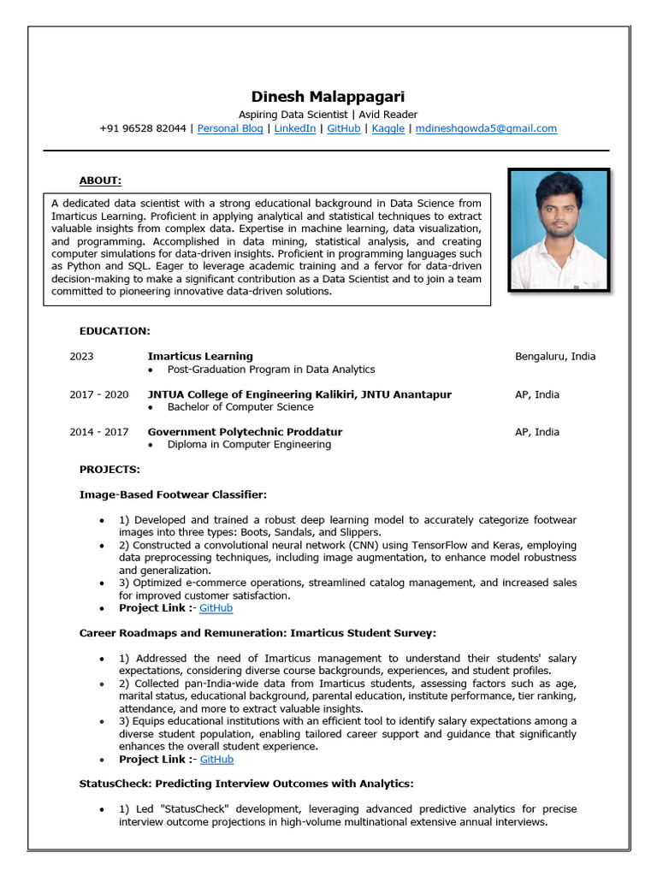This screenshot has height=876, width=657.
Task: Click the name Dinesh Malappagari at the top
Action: point(328,97)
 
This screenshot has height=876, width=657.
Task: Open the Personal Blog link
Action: point(230,128)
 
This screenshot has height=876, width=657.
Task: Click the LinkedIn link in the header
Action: point(294,128)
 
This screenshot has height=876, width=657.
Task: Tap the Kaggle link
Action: point(388,128)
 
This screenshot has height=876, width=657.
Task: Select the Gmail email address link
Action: point(486,128)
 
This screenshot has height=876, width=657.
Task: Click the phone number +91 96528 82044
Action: point(142,128)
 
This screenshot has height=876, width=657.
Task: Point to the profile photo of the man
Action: point(559,230)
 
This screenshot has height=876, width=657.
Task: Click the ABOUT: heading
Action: point(100,181)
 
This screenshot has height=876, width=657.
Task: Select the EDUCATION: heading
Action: point(115,331)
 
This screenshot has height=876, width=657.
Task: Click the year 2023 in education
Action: point(81,357)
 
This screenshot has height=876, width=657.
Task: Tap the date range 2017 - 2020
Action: point(98,394)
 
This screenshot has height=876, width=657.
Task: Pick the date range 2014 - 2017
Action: point(98,432)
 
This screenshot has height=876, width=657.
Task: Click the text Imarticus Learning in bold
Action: point(200,357)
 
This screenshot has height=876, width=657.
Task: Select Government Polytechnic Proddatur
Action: point(245,432)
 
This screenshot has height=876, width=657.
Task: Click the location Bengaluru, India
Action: point(555,357)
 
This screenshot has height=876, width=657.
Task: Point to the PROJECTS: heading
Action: point(109,470)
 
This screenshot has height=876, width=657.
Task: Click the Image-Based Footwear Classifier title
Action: point(173,494)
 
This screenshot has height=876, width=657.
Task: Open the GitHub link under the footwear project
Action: point(216,608)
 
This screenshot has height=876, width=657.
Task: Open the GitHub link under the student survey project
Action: point(216,760)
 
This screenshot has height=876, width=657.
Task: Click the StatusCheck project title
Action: point(246,784)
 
